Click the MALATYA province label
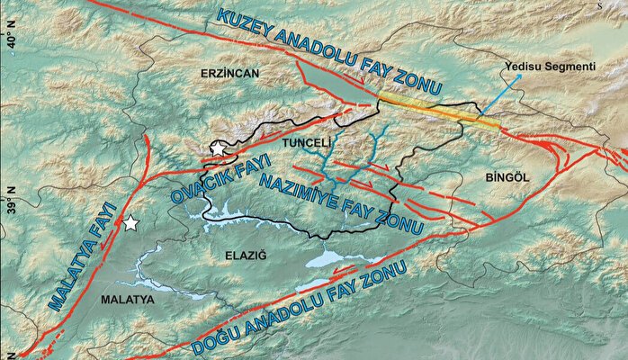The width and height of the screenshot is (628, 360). [126, 297]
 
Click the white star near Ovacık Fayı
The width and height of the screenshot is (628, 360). [218, 148]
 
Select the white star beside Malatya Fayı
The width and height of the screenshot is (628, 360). [131, 222]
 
